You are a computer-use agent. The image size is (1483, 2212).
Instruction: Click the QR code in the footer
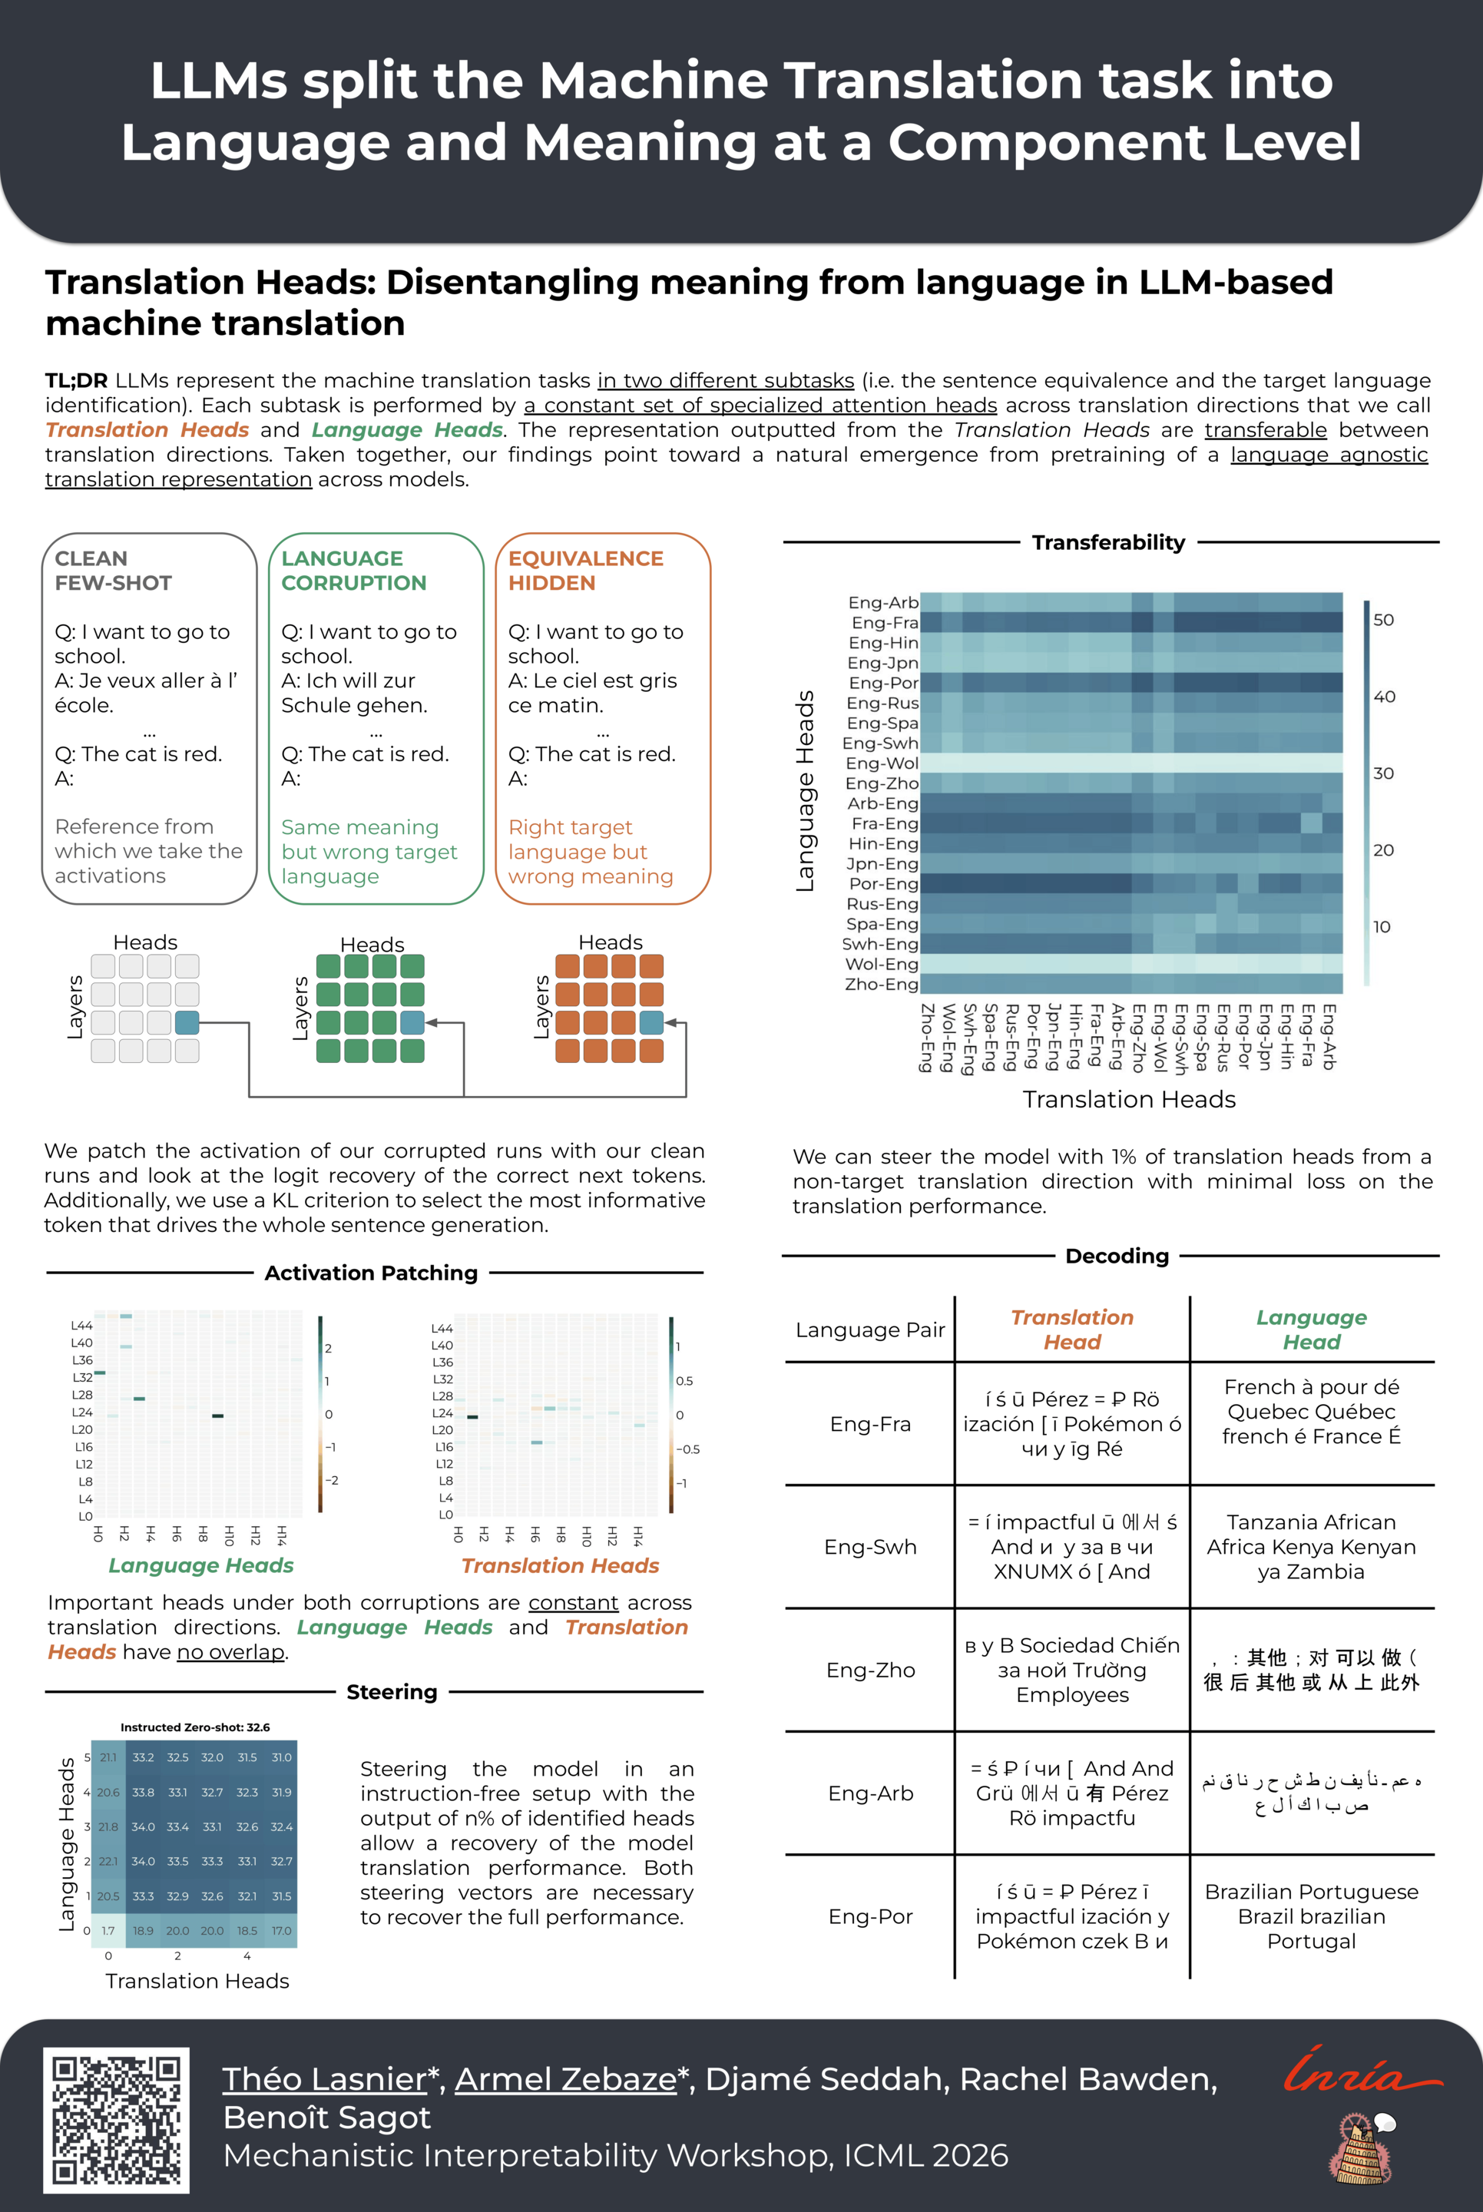point(116,2121)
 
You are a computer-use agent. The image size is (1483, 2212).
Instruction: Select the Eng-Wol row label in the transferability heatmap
point(882,763)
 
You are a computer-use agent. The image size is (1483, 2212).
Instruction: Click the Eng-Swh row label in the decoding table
point(870,1546)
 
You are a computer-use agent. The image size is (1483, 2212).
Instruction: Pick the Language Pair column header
point(870,1330)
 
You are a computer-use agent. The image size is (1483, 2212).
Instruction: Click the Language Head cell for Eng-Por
point(1311,1916)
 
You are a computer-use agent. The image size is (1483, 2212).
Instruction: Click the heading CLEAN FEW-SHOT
point(114,570)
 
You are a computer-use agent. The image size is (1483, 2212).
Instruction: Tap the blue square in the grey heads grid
point(187,1022)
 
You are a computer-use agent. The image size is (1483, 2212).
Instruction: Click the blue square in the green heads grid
point(412,1022)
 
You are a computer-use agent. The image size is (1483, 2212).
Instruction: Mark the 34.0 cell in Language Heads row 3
point(143,1826)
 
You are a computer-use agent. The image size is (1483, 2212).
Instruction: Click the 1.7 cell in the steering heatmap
point(108,1930)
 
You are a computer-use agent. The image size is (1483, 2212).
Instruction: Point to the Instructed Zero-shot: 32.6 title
point(195,1727)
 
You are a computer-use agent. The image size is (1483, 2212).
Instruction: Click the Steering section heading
point(392,1692)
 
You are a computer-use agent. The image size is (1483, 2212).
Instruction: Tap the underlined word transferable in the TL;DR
point(1266,429)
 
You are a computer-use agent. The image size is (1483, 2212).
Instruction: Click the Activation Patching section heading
point(371,1273)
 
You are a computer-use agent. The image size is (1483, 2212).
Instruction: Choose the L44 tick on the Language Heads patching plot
point(81,1325)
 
